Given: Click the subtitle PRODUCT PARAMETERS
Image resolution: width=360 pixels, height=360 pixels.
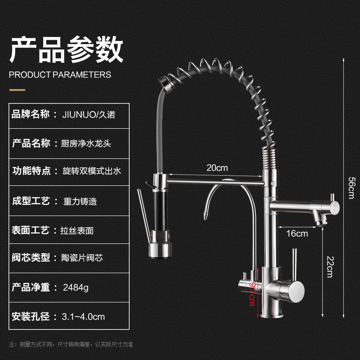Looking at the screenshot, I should pyautogui.click(x=60, y=74).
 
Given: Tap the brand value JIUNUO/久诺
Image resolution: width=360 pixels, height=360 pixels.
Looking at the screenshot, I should pyautogui.click(x=88, y=115).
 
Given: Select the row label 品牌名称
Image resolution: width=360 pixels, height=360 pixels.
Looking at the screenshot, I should pyautogui.click(x=31, y=115).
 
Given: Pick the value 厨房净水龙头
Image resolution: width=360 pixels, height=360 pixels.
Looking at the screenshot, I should pyautogui.click(x=85, y=144).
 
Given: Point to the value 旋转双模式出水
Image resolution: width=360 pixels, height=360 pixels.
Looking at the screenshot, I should pyautogui.click(x=92, y=171).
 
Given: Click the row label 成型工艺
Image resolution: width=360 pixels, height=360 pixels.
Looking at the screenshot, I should pyautogui.click(x=31, y=201).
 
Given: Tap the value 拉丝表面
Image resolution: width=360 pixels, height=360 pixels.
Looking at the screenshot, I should pyautogui.click(x=77, y=230).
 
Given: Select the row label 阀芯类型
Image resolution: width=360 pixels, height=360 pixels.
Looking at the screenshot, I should pyautogui.click(x=31, y=258).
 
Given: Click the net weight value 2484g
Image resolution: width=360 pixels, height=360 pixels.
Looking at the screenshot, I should pyautogui.click(x=76, y=287).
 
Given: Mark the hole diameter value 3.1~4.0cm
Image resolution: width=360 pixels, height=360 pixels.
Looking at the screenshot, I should pyautogui.click(x=83, y=316).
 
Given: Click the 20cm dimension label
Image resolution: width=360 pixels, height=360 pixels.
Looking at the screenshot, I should pyautogui.click(x=217, y=168).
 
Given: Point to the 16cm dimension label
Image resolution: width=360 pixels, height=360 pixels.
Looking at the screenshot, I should pyautogui.click(x=297, y=233).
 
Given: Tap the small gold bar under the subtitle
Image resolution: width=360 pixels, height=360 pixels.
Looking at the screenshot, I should pyautogui.click(x=18, y=90).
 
